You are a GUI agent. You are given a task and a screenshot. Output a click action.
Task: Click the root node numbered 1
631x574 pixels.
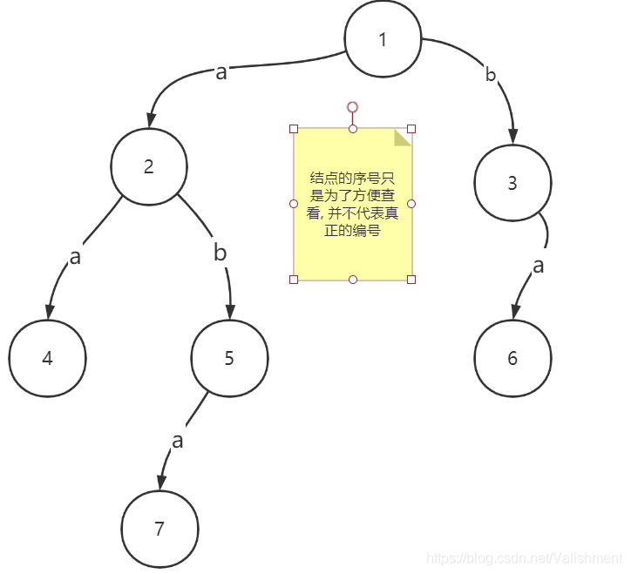(383, 40)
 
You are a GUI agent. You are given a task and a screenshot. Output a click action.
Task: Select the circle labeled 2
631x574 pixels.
(149, 167)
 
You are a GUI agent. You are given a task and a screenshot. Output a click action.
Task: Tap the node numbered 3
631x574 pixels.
(512, 183)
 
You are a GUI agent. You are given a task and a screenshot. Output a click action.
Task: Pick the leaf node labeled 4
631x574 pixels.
(48, 358)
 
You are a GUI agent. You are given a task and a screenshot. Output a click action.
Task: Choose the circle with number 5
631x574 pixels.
(229, 358)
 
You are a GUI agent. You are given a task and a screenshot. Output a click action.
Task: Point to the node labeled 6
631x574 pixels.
(512, 358)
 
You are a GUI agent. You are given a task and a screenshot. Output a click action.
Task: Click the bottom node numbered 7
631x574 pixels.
(159, 529)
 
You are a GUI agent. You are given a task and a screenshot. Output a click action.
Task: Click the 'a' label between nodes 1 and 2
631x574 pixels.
(221, 72)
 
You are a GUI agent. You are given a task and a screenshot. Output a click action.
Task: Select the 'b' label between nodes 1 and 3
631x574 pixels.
(491, 74)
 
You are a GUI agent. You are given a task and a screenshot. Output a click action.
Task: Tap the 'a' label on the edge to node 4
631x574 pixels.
(75, 257)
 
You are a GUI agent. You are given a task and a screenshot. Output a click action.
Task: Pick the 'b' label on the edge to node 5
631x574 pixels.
(221, 253)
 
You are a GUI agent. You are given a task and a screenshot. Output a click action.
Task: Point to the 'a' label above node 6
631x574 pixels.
(539, 266)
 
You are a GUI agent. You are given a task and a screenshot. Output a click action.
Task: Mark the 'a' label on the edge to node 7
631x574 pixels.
(178, 441)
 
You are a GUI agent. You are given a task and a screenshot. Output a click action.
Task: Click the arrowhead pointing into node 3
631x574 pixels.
(513, 135)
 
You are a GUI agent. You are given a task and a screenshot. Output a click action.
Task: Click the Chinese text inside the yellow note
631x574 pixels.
(352, 204)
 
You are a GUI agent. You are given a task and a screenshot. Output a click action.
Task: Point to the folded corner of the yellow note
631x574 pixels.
(402, 137)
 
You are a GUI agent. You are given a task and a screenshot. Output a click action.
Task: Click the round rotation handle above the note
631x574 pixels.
(352, 107)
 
